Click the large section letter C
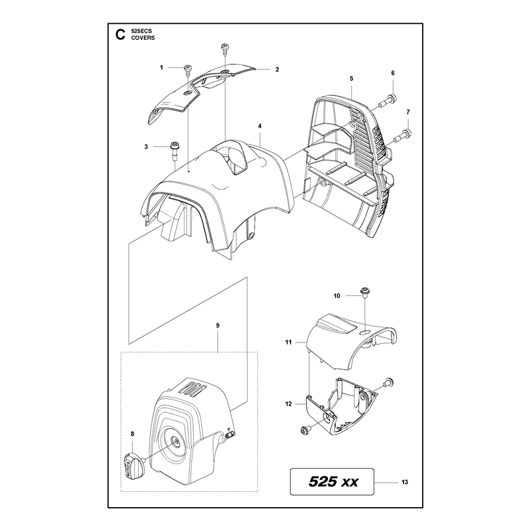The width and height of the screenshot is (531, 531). click(120, 35)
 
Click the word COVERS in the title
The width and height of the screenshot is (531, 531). click(143, 38)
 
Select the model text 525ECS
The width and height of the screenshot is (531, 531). click(141, 31)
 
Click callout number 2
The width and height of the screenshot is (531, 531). click(277, 70)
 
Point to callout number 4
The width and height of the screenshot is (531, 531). click(260, 126)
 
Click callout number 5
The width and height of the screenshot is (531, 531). click(352, 78)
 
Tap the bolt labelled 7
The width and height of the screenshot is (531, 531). click(402, 137)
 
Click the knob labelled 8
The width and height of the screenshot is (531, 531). click(135, 461)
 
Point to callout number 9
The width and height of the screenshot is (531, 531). click(218, 325)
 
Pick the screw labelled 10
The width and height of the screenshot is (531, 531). click(365, 292)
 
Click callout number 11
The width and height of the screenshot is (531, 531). click(288, 342)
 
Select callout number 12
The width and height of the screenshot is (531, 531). click(289, 404)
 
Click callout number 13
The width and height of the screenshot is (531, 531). click(405, 483)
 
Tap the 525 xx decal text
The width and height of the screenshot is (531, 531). click(333, 482)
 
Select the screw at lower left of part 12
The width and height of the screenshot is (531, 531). click(304, 430)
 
